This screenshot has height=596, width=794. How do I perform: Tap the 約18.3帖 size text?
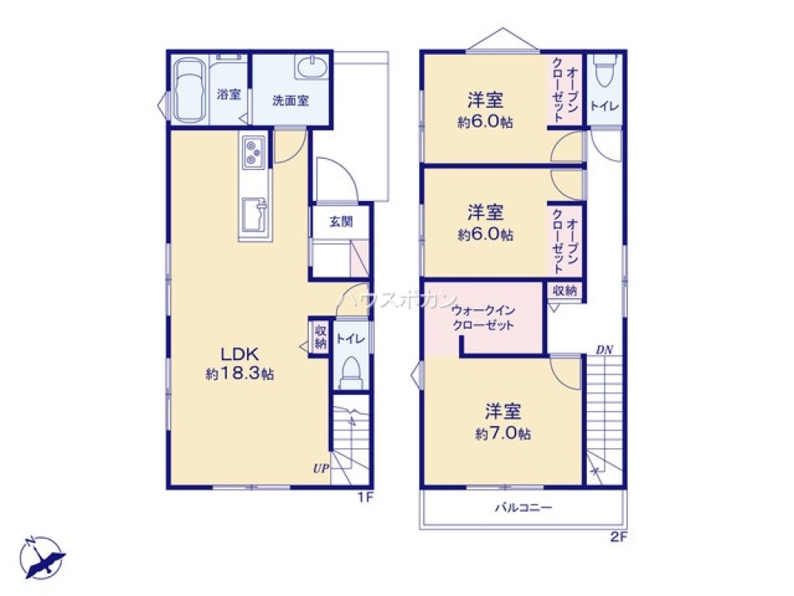[x=239, y=373]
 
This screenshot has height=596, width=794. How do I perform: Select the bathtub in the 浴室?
[x=190, y=90]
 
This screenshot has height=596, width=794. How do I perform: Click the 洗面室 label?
[x=290, y=101]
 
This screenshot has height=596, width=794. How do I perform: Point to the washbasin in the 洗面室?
[x=311, y=67]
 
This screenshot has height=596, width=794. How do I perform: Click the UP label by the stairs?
[x=320, y=468]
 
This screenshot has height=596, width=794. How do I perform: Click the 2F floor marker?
[x=619, y=536]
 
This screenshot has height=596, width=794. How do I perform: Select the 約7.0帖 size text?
[x=503, y=433]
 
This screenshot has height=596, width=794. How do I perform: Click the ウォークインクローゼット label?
[x=483, y=319]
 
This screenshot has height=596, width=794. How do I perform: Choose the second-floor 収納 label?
[x=565, y=292]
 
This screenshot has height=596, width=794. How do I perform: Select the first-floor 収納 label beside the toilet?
[x=320, y=337]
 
